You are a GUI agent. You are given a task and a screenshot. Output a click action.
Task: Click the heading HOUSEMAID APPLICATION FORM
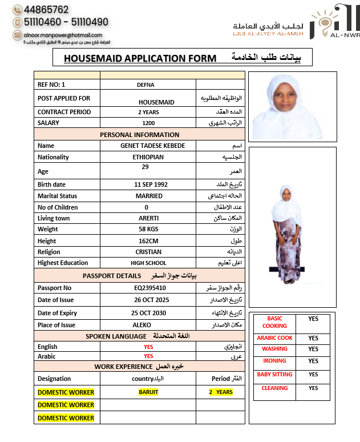[140, 58]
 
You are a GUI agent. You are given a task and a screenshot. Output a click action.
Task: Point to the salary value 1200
[148, 123]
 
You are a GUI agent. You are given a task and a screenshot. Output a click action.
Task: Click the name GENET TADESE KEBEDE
[148, 146]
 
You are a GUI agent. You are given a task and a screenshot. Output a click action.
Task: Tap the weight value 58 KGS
[148, 229]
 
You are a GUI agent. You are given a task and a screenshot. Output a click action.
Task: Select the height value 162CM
[148, 240]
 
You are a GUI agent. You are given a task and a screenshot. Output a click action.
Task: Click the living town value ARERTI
[148, 218]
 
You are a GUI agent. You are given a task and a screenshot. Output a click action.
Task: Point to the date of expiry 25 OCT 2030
[148, 313]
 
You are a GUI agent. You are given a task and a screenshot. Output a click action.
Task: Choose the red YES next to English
[148, 347]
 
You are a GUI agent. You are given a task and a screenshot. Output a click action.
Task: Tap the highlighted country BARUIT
[148, 392]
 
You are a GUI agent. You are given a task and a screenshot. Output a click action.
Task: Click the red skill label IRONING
[275, 361]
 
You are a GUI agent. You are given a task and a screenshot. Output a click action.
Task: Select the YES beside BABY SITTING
[313, 375]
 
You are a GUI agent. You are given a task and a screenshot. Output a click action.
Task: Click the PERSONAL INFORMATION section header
[140, 135]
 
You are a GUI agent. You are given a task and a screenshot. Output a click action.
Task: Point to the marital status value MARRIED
[148, 196]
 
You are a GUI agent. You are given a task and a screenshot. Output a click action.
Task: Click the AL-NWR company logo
[333, 23]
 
